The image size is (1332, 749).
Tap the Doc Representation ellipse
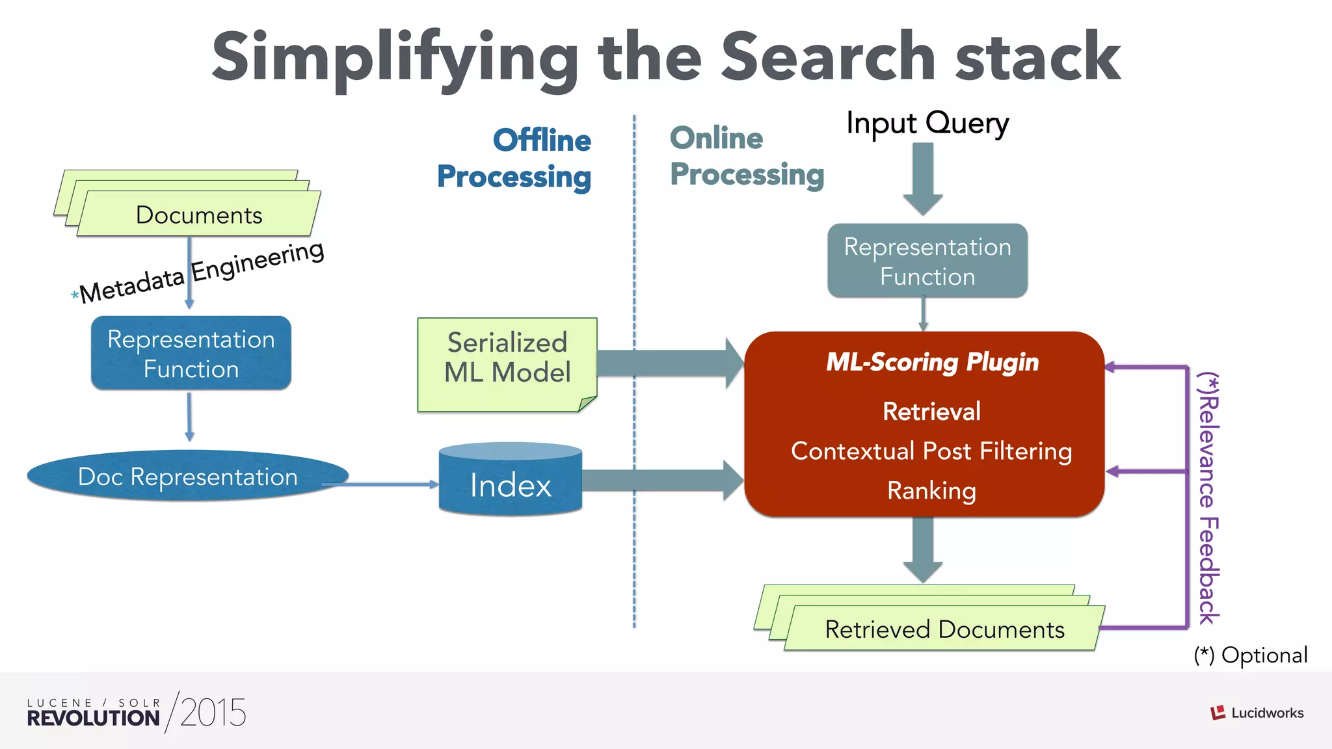click(x=187, y=477)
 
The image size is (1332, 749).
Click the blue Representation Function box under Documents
click(x=191, y=354)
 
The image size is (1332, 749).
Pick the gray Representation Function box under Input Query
click(x=927, y=261)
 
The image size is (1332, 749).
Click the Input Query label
click(x=927, y=123)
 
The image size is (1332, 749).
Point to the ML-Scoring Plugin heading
click(x=932, y=362)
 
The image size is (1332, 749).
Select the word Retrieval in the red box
click(x=931, y=412)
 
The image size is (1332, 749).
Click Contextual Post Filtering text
click(x=931, y=451)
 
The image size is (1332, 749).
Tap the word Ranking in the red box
click(x=931, y=491)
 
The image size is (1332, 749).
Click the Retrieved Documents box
click(x=944, y=629)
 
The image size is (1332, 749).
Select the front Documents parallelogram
click(x=198, y=215)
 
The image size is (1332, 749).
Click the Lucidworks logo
click(x=1257, y=713)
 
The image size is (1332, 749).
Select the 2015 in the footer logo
click(x=213, y=713)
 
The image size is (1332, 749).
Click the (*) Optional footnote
click(x=1250, y=655)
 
